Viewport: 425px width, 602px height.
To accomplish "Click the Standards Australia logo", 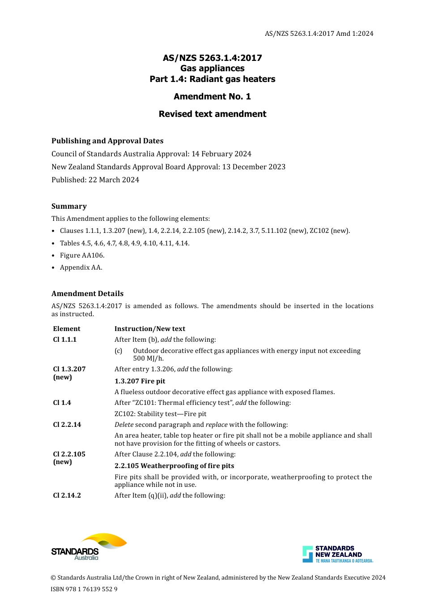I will click(89, 547).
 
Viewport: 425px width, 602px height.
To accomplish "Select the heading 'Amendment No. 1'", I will click(212, 96).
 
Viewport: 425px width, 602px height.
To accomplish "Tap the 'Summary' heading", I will click(69, 206).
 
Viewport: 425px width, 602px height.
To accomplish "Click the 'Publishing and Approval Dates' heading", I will click(107, 141).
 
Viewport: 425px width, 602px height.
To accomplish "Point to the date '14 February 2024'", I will click(221, 154).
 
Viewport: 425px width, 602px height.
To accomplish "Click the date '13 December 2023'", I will click(254, 167).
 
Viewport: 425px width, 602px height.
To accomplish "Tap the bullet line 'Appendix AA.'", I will click(81, 267).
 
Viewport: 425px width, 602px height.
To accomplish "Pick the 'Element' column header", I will click(67, 329).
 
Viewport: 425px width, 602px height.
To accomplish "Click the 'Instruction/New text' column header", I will click(150, 329).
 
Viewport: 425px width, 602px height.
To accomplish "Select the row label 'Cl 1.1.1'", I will click(65, 340).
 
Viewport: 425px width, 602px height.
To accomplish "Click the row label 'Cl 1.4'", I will click(62, 403).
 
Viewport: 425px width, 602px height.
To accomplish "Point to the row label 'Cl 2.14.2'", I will click(67, 495).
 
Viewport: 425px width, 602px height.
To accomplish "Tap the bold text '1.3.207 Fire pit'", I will click(140, 381).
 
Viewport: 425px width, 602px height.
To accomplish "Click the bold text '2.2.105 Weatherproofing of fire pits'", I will click(174, 466).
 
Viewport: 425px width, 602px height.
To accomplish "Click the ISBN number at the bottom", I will click(84, 589).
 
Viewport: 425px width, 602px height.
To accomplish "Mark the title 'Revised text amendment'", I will click(212, 114).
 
